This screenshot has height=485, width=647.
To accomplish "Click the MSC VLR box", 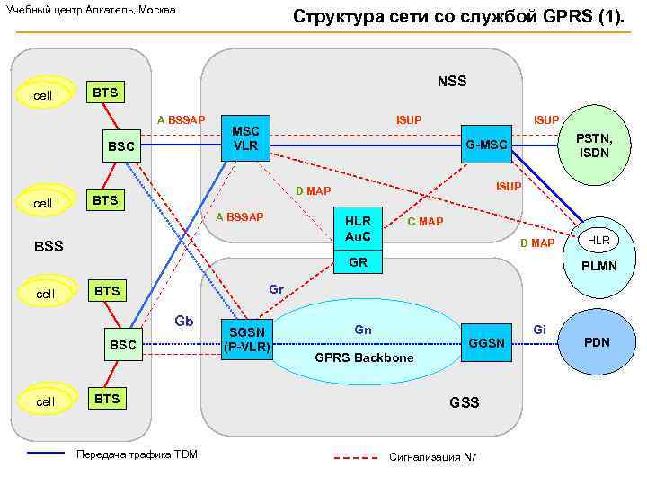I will (246, 138).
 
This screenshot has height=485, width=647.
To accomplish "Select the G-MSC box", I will (486, 145).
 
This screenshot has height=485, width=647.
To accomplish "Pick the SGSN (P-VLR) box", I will (246, 339).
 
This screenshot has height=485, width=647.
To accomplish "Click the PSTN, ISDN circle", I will (594, 145).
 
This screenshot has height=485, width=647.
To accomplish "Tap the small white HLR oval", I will (598, 241).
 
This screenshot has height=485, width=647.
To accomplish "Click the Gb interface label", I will (184, 320).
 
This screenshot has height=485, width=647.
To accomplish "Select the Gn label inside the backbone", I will (363, 331).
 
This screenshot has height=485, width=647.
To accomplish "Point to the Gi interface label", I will (540, 330).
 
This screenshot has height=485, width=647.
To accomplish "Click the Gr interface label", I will (277, 290).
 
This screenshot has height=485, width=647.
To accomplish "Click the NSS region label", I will (452, 82).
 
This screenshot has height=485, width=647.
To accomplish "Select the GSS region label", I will (464, 401).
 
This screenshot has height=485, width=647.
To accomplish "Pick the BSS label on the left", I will (49, 244).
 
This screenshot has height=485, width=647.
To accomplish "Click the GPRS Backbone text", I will (364, 357).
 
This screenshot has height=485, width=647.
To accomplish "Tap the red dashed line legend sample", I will (355, 457).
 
